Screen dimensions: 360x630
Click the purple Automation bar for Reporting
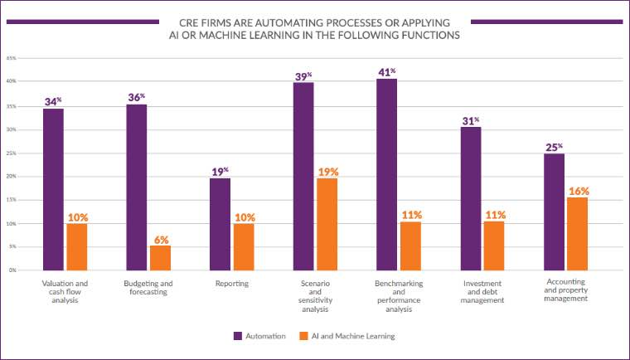pyautogui.click(x=220, y=224)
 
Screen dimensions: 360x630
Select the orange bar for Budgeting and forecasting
pyautogui.click(x=161, y=257)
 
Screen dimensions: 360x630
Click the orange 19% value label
pyautogui.click(x=327, y=172)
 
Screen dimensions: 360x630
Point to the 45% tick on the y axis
pyautogui.click(x=12, y=59)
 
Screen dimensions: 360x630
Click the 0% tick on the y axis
pyautogui.click(x=12, y=270)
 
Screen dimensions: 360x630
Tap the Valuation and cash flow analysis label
pyautogui.click(x=65, y=293)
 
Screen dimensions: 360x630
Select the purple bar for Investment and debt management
pyautogui.click(x=470, y=198)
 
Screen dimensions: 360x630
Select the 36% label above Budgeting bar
pyautogui.click(x=137, y=97)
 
